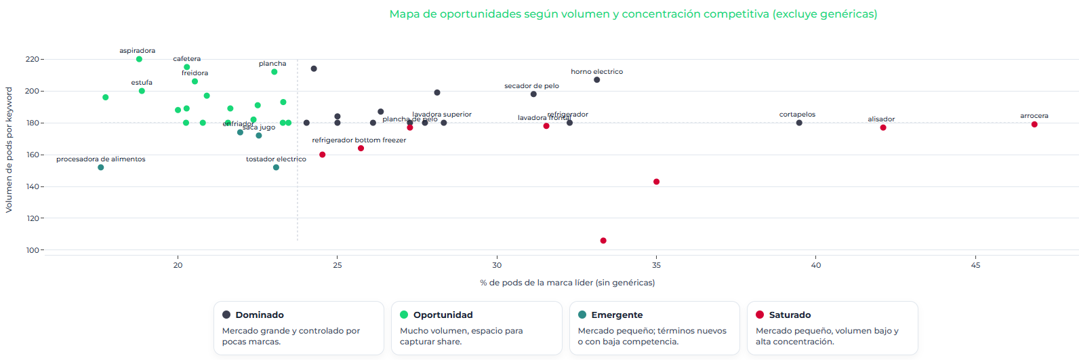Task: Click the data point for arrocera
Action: [1034, 125]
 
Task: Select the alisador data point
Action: [883, 127]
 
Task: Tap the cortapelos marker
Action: [799, 123]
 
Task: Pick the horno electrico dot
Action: [596, 80]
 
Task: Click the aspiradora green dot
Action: [139, 59]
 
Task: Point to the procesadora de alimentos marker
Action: [101, 167]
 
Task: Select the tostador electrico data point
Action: [276, 167]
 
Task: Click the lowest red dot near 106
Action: [603, 241]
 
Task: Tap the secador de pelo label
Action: [531, 86]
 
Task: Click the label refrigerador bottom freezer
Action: [359, 140]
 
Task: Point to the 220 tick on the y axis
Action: [32, 59]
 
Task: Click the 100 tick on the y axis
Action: [32, 250]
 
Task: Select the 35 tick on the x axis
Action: [656, 265]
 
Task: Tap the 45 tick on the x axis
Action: [975, 265]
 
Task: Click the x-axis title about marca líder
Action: [567, 283]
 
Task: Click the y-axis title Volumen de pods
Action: [9, 150]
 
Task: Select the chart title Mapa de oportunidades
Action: [633, 14]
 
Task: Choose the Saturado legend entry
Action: [790, 315]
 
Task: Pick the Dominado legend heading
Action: [260, 315]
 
